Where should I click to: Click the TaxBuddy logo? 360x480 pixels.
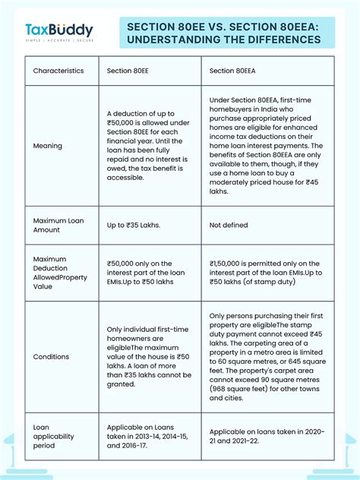tap(58, 30)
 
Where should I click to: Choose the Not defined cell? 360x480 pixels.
tap(227, 225)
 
